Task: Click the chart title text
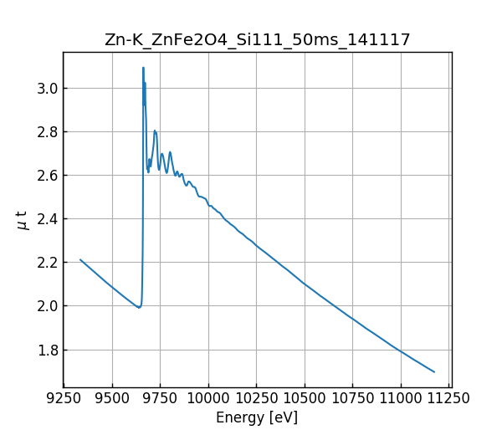point(257,40)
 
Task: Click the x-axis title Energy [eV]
point(257,417)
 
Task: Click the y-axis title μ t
point(23,220)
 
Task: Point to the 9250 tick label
point(64,397)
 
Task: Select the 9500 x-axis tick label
point(112,397)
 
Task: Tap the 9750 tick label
point(160,397)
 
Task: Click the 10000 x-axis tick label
point(208,397)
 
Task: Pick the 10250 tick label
point(256,397)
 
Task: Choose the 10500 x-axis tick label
point(305,397)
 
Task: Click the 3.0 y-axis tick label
point(46,89)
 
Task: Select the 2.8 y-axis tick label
point(46,132)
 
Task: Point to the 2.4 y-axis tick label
point(46,219)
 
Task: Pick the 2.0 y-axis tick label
point(46,306)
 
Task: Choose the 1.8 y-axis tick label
point(46,350)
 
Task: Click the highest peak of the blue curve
point(143,68)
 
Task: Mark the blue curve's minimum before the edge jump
point(139,308)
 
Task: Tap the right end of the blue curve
point(434,371)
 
